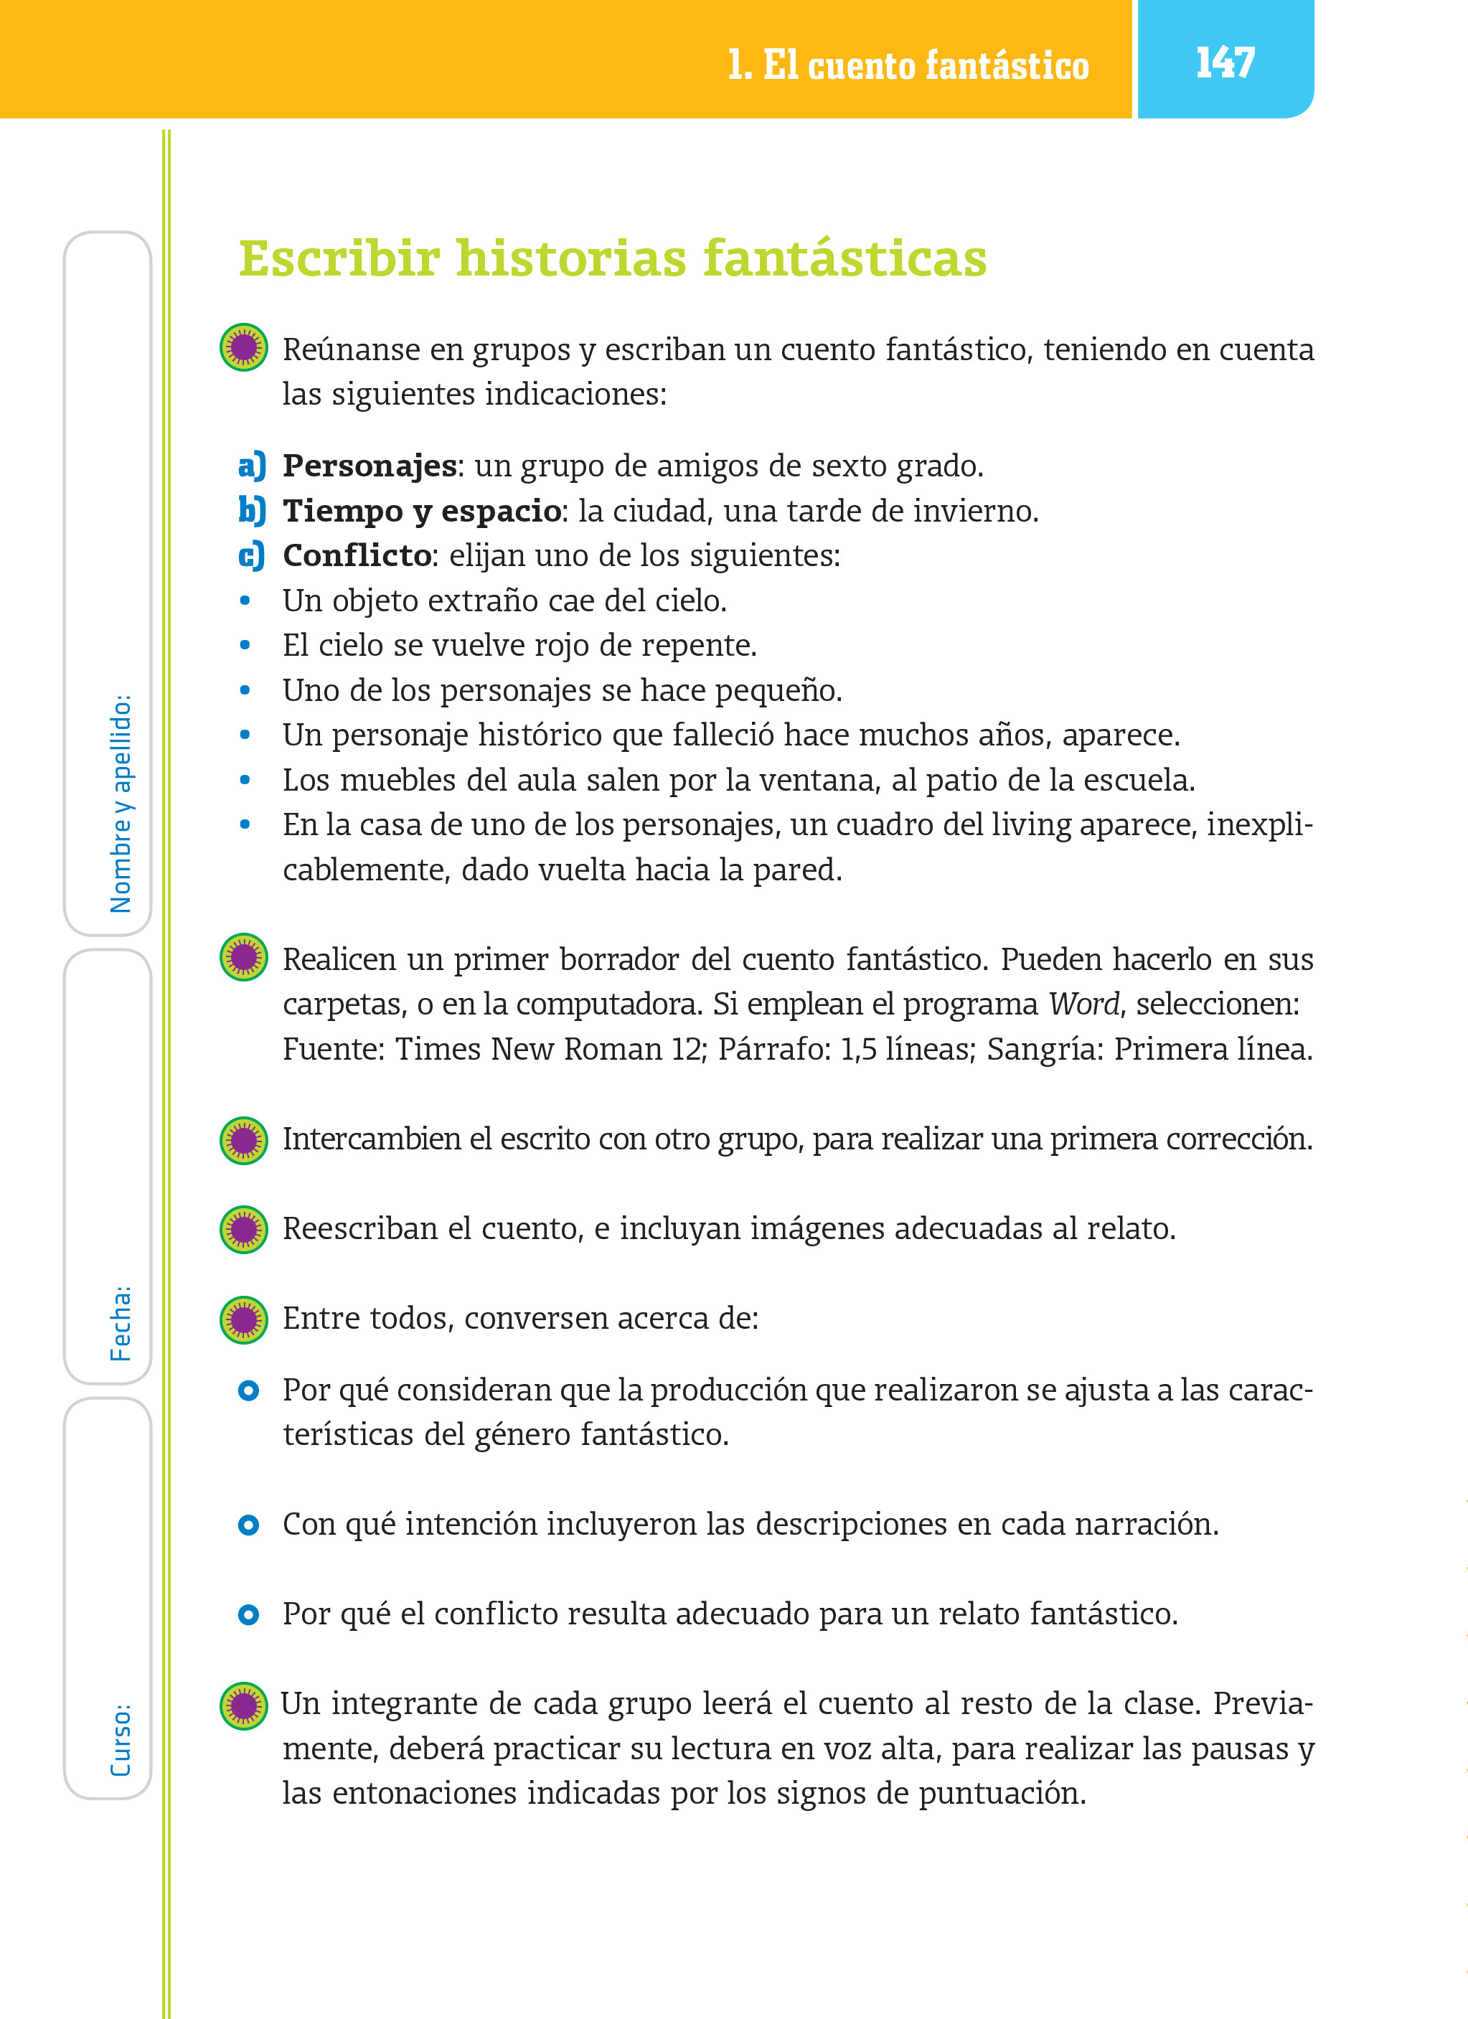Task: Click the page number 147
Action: click(x=1224, y=62)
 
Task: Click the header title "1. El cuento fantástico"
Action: click(x=908, y=65)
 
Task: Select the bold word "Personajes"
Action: click(x=370, y=466)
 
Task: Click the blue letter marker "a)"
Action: click(x=252, y=466)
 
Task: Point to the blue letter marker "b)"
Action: click(x=252, y=511)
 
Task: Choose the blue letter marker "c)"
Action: click(x=252, y=555)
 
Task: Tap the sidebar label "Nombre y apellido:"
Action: click(x=121, y=803)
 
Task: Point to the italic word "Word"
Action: click(x=1083, y=1004)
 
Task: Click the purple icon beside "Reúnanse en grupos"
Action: click(x=243, y=347)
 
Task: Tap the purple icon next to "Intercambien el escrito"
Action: click(x=243, y=1140)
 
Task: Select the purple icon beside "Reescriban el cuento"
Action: click(x=243, y=1229)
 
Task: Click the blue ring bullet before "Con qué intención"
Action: click(x=248, y=1525)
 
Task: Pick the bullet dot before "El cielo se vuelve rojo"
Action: click(x=245, y=646)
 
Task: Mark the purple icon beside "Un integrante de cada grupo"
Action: click(x=243, y=1705)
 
